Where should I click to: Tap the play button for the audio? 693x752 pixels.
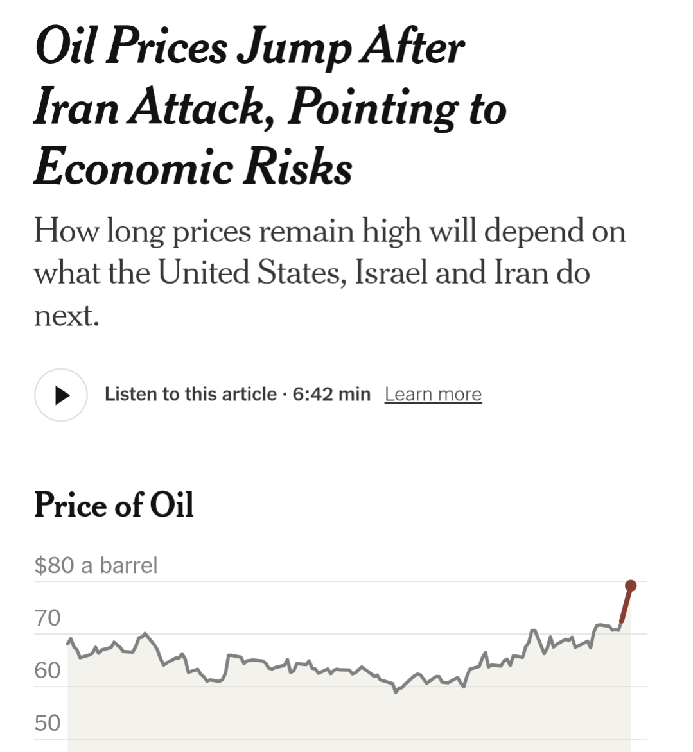(61, 395)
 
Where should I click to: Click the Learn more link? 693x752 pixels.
(433, 394)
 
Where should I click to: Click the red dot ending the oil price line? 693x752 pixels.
(631, 585)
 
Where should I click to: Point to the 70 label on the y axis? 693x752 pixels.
(48, 618)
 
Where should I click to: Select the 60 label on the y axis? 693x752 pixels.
(48, 671)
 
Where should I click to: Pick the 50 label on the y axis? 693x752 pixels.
(48, 723)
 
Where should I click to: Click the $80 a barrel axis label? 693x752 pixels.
(96, 565)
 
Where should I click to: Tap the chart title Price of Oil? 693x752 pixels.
(114, 504)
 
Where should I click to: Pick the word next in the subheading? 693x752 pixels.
(66, 316)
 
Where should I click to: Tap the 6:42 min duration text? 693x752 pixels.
(331, 394)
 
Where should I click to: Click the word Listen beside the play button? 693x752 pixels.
(129, 394)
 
